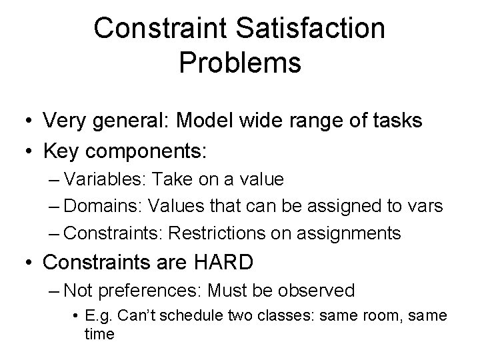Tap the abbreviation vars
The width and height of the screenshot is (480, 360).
click(425, 206)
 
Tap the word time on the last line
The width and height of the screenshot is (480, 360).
click(99, 333)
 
